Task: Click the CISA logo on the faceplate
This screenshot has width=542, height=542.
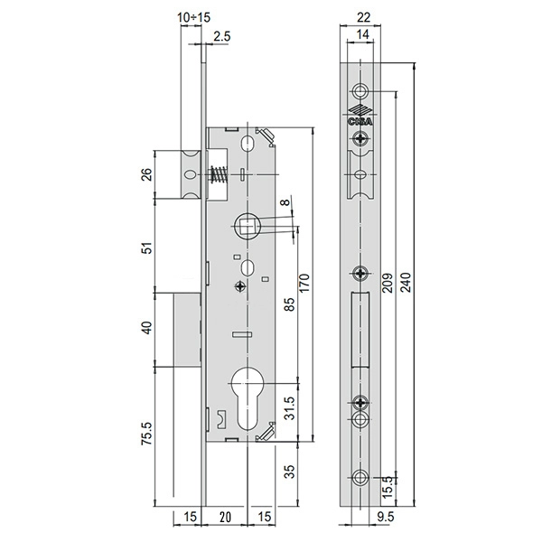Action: tap(360, 115)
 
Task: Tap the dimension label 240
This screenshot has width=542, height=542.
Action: tap(407, 283)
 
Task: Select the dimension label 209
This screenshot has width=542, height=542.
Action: tap(388, 283)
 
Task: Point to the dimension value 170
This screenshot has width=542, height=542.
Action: tap(304, 283)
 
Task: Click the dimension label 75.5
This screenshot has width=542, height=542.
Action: tap(147, 433)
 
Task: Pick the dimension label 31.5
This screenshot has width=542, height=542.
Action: tap(290, 408)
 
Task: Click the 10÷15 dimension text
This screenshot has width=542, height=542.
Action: tap(194, 17)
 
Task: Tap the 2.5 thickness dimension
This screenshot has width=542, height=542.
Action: tap(221, 36)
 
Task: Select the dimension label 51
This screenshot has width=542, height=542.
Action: tap(147, 248)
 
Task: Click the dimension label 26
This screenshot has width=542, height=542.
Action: tap(147, 174)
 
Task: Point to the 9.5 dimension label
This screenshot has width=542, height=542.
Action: tap(386, 517)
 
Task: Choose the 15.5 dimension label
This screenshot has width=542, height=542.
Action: tap(388, 487)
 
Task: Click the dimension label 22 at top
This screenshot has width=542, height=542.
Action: tap(363, 17)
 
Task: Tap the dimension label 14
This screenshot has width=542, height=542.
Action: tap(362, 34)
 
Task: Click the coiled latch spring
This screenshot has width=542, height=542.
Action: tap(217, 175)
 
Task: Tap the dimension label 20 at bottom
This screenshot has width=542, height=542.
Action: tap(225, 517)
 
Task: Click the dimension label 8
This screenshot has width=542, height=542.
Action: tap(285, 202)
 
